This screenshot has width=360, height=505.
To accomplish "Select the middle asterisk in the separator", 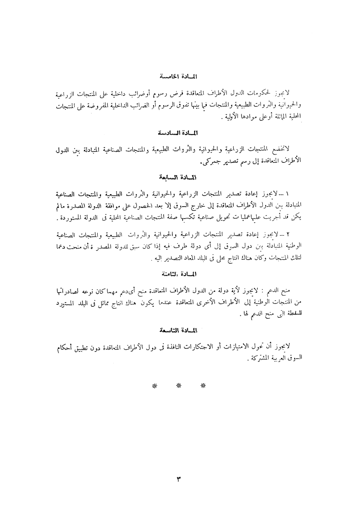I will tap(179, 386).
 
